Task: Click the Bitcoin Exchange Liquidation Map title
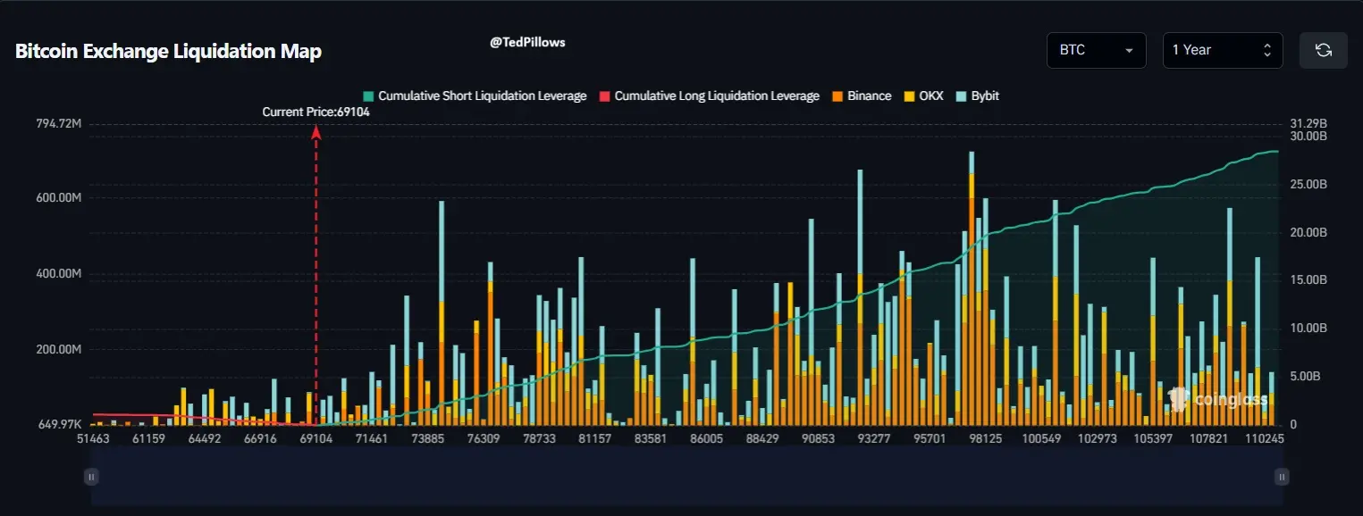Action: point(168,52)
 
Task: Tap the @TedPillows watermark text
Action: point(527,42)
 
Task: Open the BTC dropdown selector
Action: point(1096,50)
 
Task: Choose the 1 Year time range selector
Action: point(1222,50)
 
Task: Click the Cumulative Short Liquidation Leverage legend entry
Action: point(475,96)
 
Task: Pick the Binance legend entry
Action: point(862,96)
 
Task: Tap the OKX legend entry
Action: point(924,96)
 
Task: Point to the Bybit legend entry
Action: point(978,96)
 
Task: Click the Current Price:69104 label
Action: point(316,112)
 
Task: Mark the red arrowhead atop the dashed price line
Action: point(316,130)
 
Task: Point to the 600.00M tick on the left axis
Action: point(58,198)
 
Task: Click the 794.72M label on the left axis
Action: point(58,123)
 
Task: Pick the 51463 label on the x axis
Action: point(93,439)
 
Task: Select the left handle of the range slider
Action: point(91,477)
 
